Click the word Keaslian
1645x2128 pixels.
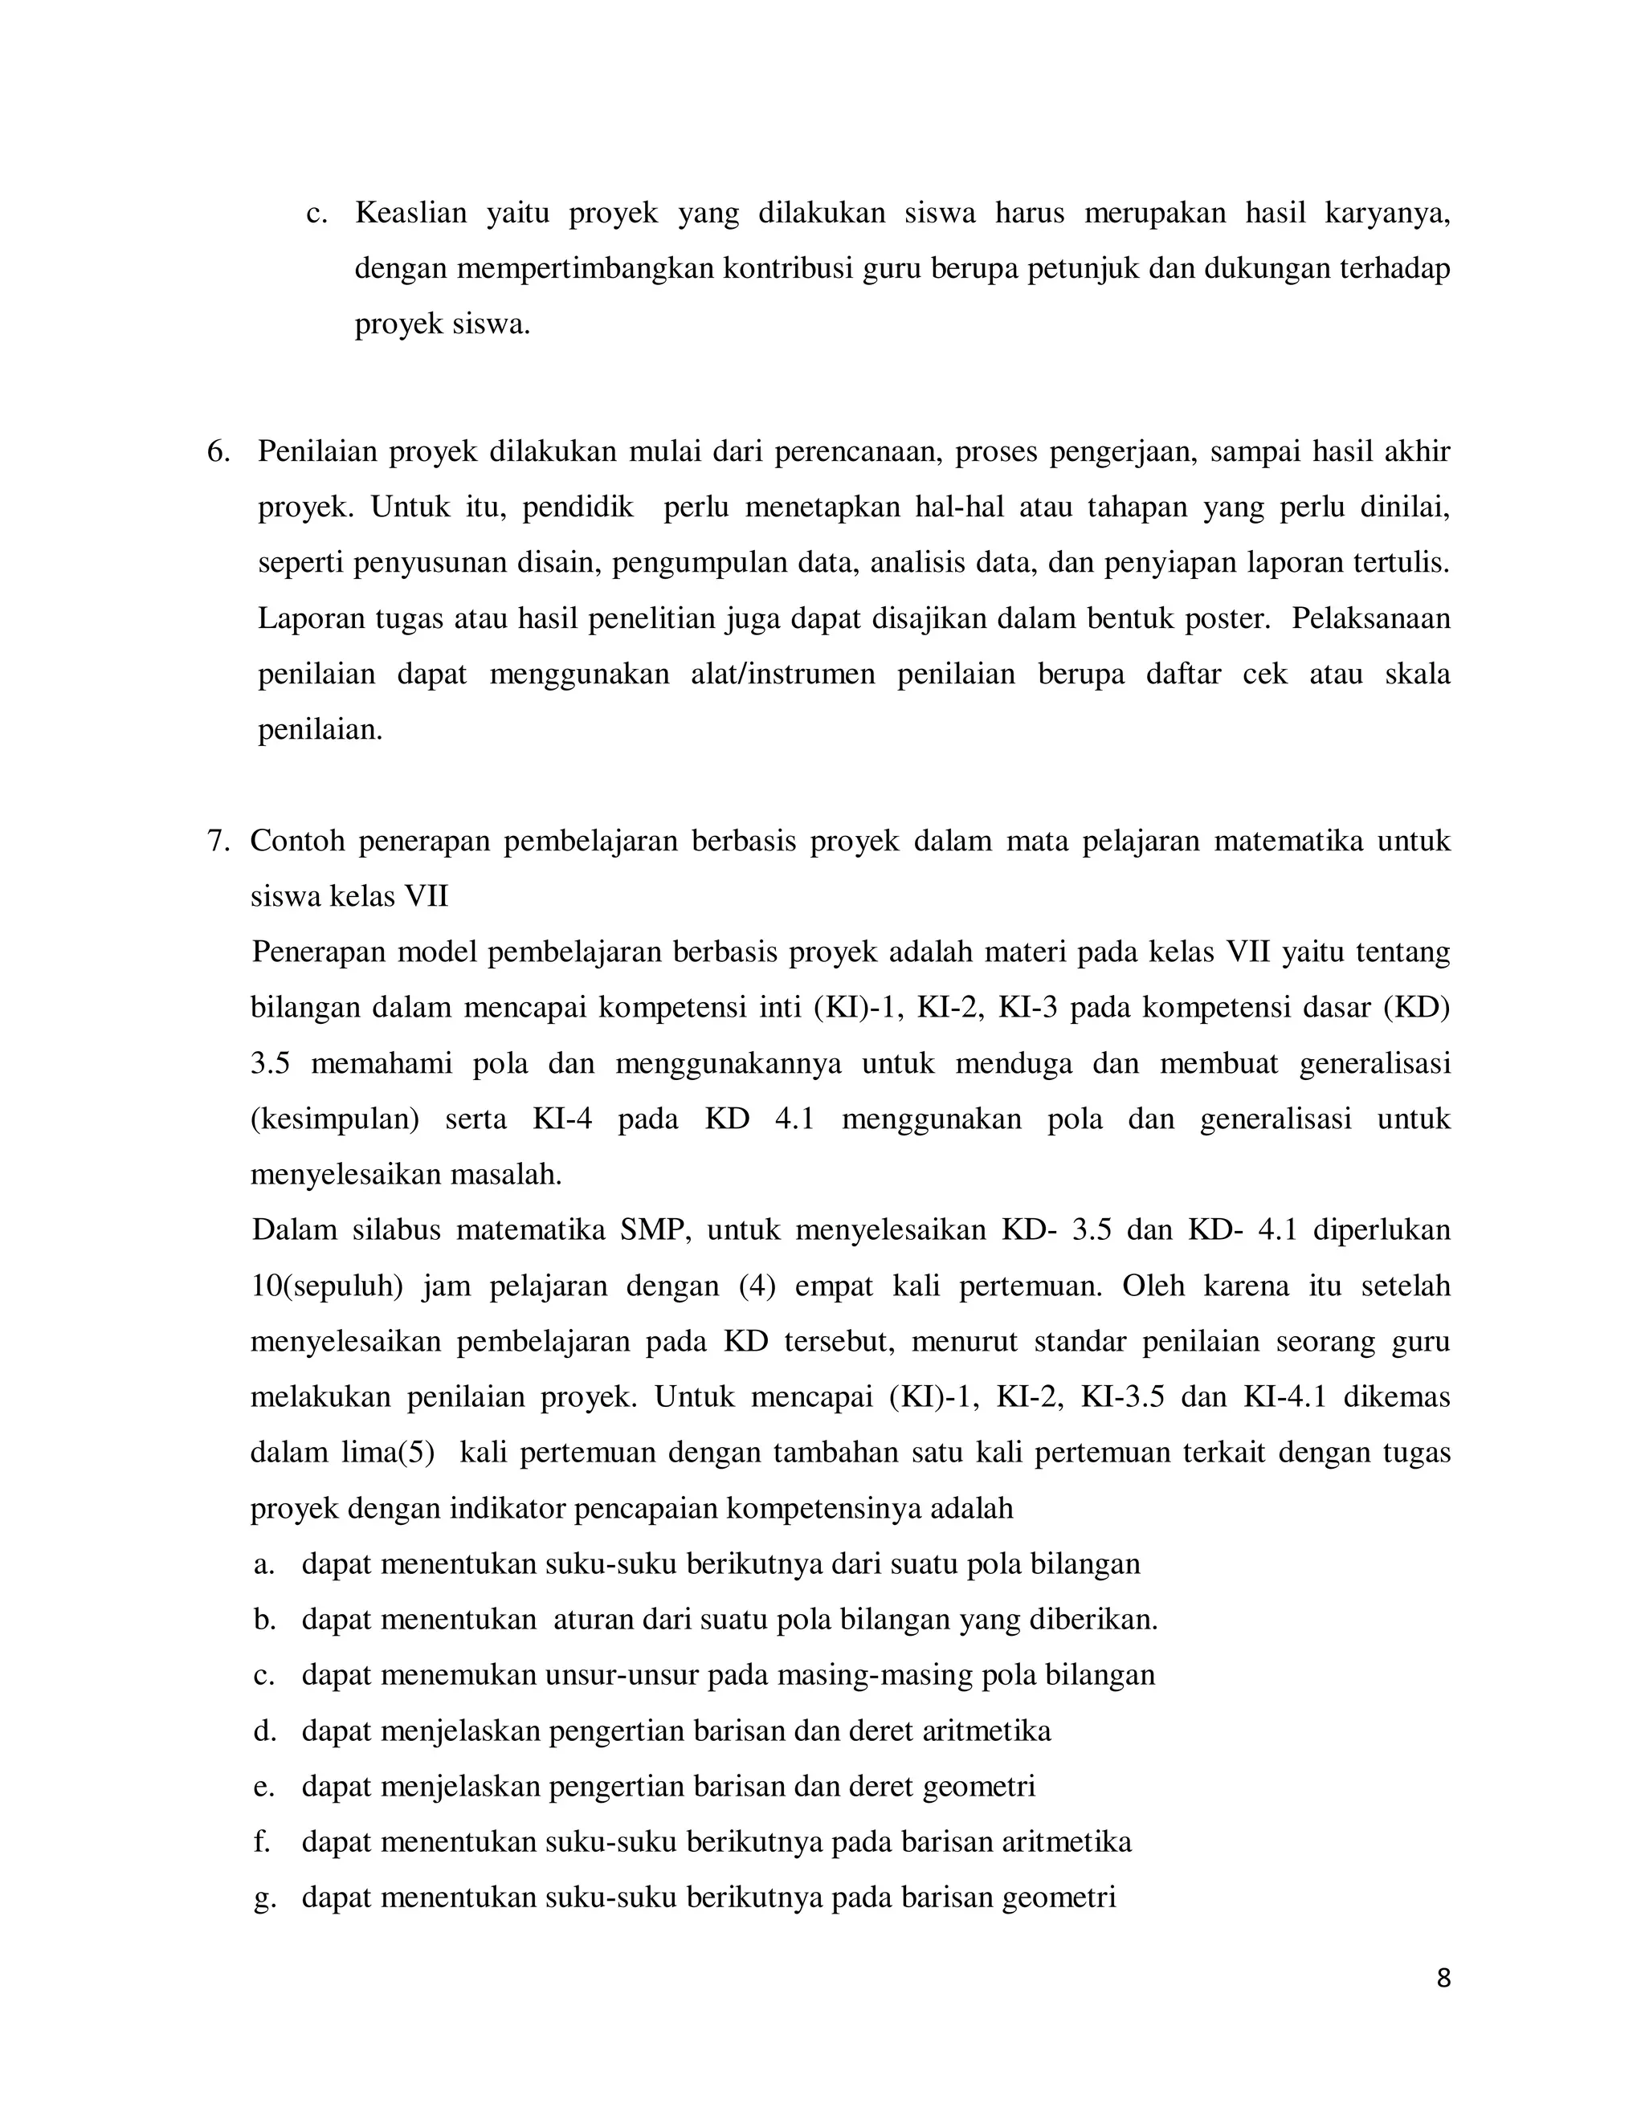coord(410,213)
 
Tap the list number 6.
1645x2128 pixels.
coord(218,452)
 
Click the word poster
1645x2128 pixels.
coord(1227,618)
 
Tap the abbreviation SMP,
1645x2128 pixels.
coord(655,1230)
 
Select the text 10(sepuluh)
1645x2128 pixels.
coord(326,1286)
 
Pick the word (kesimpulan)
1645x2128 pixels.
coord(334,1119)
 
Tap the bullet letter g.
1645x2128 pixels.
coord(262,1898)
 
